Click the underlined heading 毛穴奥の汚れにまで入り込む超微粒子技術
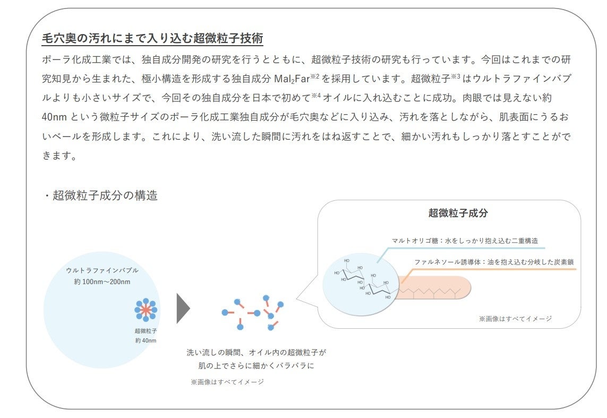coord(152,38)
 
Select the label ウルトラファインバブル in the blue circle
coord(102,270)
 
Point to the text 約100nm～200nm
coord(102,281)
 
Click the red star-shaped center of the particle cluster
coord(146,310)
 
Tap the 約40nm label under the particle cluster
coord(146,340)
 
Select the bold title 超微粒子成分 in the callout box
coord(458,214)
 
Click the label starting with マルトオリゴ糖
coord(465,241)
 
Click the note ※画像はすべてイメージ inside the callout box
coord(515,319)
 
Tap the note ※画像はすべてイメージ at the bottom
coord(227,381)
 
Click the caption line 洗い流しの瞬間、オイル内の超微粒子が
coord(256,352)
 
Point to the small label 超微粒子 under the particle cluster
coord(146,331)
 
